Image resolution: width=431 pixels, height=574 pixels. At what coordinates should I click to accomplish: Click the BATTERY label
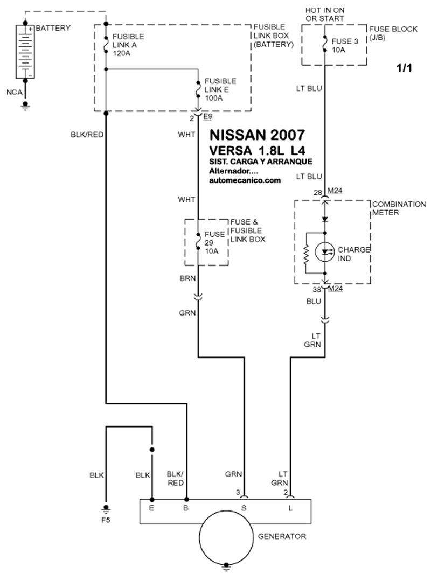click(x=53, y=28)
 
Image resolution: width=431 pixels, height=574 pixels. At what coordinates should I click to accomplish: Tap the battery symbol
click(x=25, y=52)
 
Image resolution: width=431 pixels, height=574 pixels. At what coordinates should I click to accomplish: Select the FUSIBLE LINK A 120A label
click(x=128, y=45)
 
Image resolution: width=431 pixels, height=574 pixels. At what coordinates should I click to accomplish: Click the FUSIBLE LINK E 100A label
click(x=220, y=89)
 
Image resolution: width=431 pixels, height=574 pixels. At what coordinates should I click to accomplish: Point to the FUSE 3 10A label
click(x=345, y=45)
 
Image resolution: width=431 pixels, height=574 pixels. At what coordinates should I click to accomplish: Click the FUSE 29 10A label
click(x=214, y=242)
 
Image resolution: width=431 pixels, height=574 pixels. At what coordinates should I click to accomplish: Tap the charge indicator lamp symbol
click(x=325, y=252)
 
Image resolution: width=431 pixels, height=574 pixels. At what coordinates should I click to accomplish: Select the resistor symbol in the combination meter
click(x=306, y=253)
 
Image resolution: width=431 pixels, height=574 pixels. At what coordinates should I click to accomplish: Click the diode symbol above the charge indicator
click(x=325, y=220)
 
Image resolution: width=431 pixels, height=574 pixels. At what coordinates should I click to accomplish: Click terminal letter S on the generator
click(x=244, y=508)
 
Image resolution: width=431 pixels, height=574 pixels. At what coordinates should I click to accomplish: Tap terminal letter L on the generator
click(x=290, y=508)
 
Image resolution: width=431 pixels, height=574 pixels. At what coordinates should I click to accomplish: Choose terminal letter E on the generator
click(x=151, y=508)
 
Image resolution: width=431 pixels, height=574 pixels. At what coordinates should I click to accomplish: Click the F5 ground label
click(x=106, y=520)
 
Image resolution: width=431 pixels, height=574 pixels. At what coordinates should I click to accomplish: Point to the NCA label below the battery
click(x=15, y=92)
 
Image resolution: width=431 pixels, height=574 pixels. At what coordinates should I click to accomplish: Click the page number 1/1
click(x=404, y=68)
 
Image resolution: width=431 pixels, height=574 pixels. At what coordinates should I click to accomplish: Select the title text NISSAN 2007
click(x=257, y=135)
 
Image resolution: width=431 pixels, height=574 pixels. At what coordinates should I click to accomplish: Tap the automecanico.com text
click(x=245, y=180)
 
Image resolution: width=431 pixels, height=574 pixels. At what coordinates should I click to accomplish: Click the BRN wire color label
click(x=187, y=278)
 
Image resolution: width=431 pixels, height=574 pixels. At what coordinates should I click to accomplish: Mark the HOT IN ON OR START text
click(x=325, y=15)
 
